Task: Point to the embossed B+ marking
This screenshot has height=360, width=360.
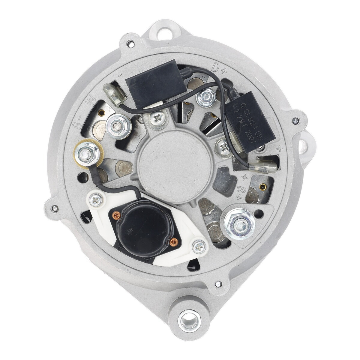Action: point(243,193)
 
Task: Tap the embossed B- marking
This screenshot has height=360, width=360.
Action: point(77,122)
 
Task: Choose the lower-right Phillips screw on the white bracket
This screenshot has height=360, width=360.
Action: point(199,247)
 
